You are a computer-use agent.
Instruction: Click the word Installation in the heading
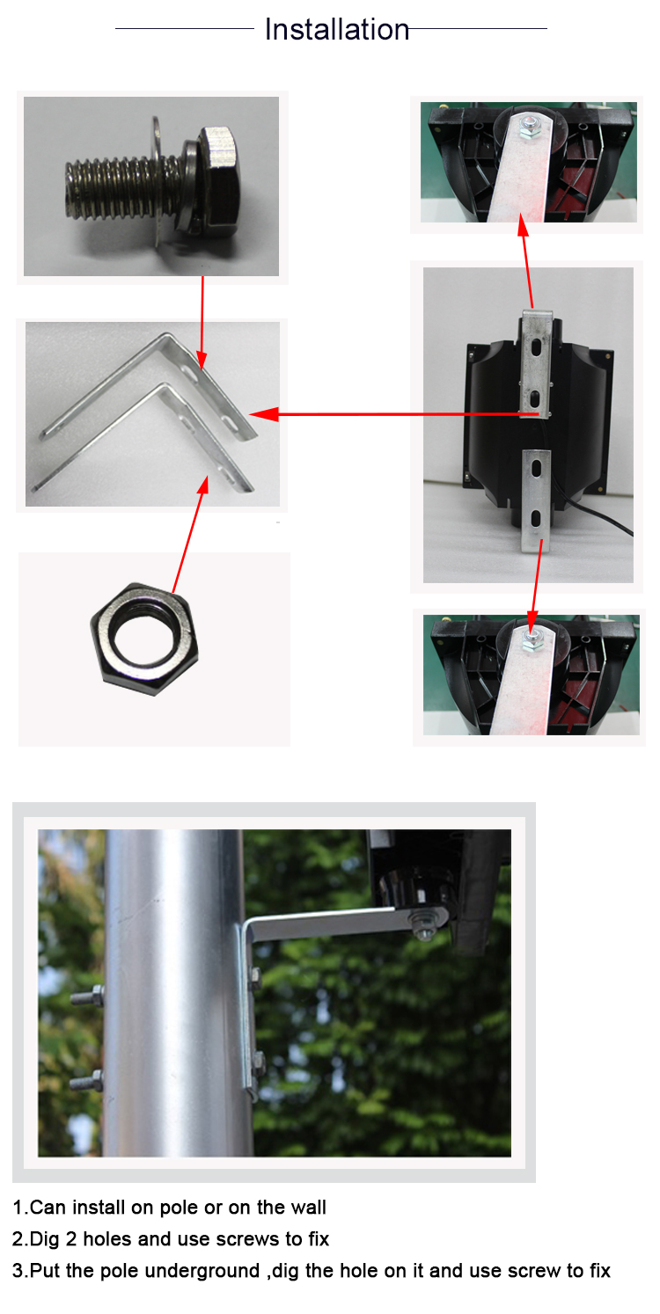coord(336,29)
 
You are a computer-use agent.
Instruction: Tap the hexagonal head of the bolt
coord(219,179)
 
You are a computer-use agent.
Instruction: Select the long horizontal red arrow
coord(394,414)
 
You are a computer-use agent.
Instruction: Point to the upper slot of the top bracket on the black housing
coord(536,347)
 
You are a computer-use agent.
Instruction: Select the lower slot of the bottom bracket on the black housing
coord(536,519)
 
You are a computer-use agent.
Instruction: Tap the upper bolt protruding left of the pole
coord(86,996)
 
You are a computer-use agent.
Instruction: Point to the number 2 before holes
coord(71,1239)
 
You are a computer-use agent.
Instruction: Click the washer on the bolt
coord(156,182)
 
